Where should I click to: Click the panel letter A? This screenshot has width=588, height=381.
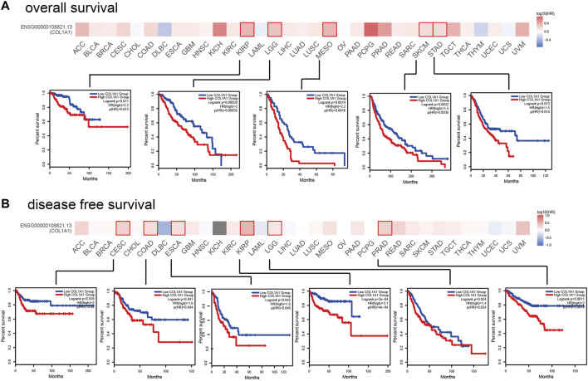[7, 7]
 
